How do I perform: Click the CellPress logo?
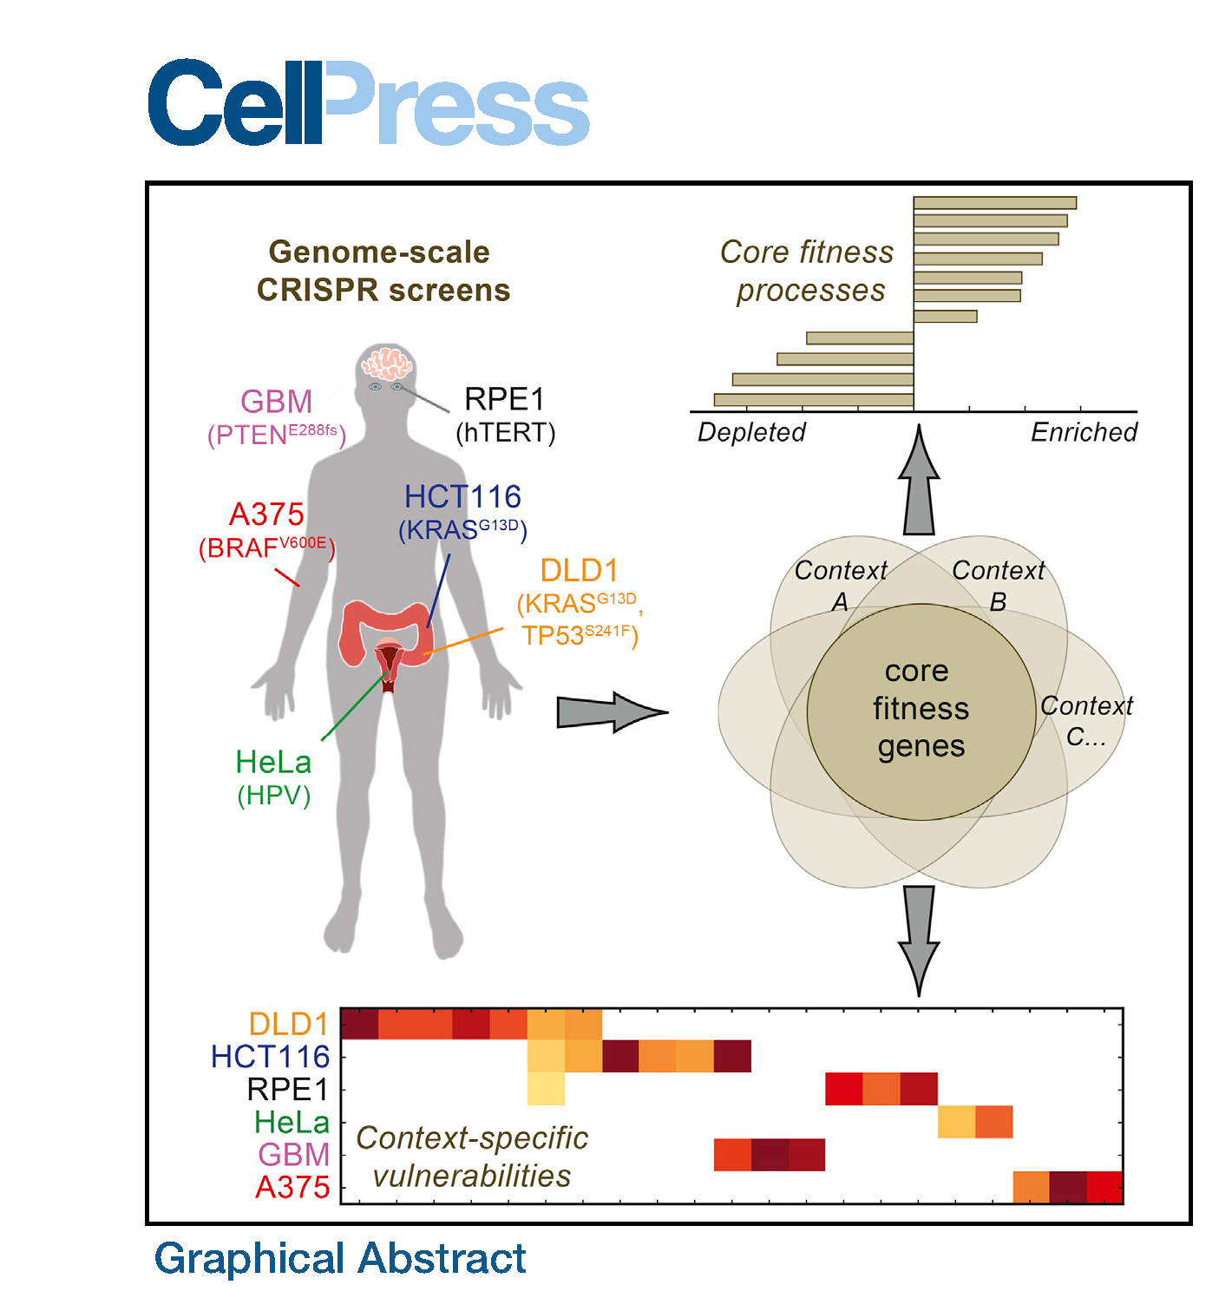368,103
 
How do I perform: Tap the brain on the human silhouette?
387,364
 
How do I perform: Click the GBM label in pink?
276,402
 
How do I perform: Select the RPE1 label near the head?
504,400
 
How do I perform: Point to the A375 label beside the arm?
266,515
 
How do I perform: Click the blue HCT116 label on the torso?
462,497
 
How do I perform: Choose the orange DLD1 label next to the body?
579,571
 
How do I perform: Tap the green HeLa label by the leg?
273,762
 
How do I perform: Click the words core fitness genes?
921,709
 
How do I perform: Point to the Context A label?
840,585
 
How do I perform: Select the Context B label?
998,585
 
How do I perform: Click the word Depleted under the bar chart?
751,432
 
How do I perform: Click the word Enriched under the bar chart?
1084,432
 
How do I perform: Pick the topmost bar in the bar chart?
994,203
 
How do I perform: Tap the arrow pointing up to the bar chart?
919,486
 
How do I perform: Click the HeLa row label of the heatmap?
292,1123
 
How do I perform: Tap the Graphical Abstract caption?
340,1258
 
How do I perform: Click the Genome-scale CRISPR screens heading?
382,271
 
